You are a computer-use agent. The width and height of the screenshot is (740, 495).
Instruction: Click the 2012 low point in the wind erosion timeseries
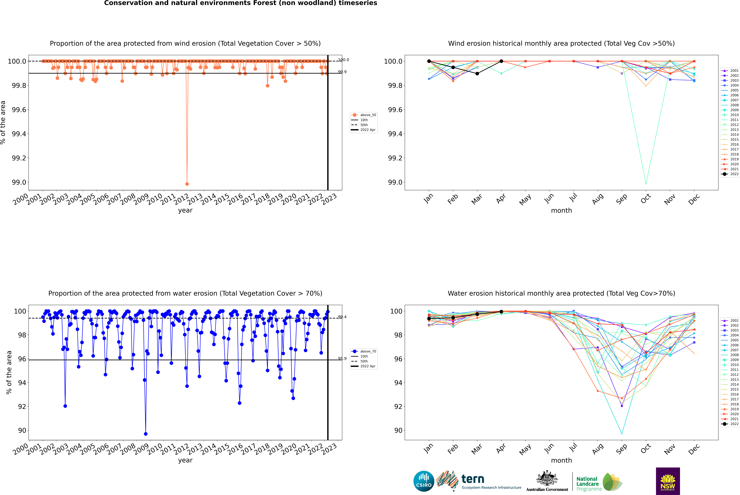tap(187, 184)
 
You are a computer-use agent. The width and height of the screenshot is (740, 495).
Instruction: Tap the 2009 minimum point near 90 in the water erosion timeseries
tap(146, 434)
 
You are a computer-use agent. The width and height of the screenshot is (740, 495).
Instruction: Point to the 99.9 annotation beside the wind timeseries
tap(342, 72)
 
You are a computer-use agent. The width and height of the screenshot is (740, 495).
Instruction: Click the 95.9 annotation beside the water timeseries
tap(342, 359)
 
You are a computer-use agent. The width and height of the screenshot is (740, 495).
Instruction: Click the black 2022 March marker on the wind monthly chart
tap(477, 74)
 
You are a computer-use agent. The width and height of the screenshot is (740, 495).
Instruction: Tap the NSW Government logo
tap(668, 481)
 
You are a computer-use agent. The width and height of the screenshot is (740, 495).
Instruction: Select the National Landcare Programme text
tap(587, 484)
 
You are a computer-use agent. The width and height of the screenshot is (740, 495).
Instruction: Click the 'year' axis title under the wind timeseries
tap(185, 210)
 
